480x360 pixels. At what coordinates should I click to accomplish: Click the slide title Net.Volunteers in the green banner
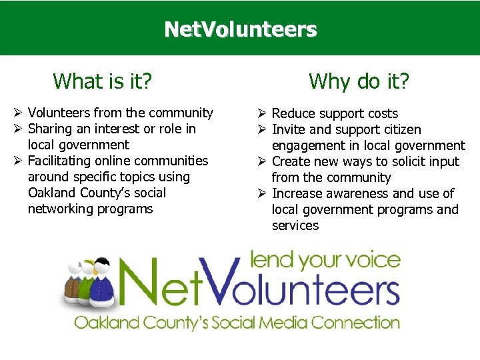(x=240, y=30)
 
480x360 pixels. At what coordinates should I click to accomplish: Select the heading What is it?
(x=103, y=81)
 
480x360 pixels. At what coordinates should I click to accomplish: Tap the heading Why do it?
(x=359, y=81)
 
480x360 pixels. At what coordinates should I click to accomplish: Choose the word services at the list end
(x=295, y=225)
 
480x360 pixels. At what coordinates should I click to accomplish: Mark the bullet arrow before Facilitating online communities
(x=19, y=161)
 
